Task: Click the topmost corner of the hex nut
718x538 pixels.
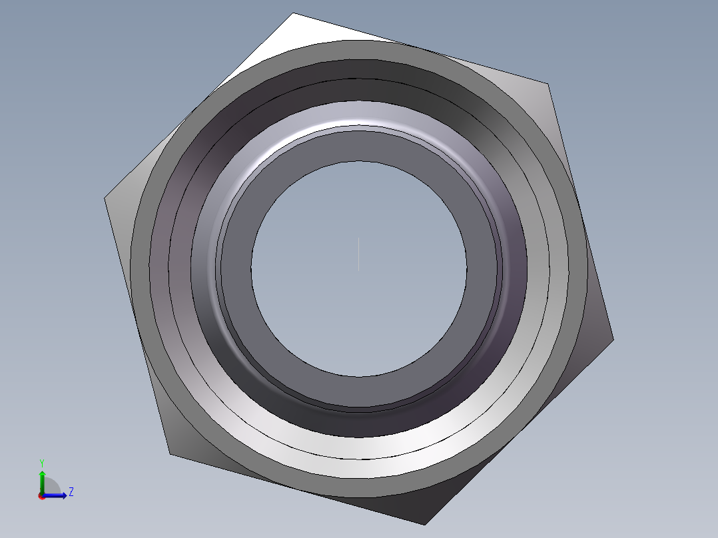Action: [293, 13]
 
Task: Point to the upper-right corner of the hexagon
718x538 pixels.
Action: [548, 84]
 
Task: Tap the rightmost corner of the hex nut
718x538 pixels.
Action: [613, 340]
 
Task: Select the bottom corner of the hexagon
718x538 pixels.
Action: [426, 525]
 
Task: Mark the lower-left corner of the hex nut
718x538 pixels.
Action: [170, 454]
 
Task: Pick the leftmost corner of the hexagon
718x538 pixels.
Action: [105, 198]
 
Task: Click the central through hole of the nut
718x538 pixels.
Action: [359, 269]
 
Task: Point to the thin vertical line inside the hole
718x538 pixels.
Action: [358, 254]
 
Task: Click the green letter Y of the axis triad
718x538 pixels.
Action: [42, 463]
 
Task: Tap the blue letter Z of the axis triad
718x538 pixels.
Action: [71, 492]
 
